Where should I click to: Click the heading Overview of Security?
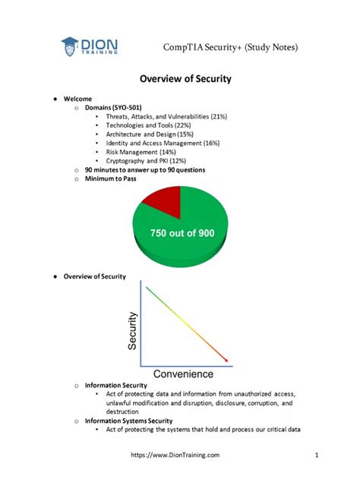point(185,79)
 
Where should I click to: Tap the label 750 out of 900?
point(182,232)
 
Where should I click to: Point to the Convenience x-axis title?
point(184,374)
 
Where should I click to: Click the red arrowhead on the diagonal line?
point(224,359)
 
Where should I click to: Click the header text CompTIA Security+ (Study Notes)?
point(230,48)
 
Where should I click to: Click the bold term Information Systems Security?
point(128,420)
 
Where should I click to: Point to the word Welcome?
point(77,99)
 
